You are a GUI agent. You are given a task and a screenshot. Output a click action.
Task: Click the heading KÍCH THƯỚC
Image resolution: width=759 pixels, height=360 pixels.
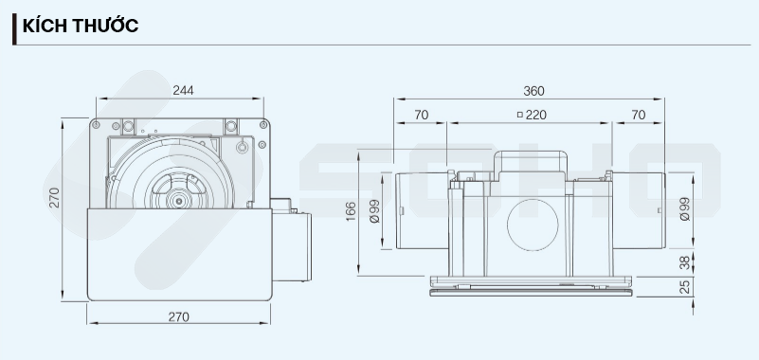coord(81,26)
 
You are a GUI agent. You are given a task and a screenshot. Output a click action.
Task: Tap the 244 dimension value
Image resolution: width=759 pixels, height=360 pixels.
coord(183,91)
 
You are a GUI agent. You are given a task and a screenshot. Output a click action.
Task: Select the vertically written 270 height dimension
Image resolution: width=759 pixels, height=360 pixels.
coord(54,197)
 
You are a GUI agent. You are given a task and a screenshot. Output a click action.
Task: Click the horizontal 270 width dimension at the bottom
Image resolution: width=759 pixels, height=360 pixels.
coord(179,317)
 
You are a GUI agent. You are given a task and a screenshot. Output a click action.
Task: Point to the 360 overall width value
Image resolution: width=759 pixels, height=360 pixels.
coord(533,91)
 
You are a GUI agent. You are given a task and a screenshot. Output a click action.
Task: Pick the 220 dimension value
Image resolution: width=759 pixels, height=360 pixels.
coord(536,115)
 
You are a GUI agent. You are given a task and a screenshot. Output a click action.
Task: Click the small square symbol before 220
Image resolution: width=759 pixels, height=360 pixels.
coord(520,115)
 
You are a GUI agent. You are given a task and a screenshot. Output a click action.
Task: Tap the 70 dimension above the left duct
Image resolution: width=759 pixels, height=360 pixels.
coord(421,115)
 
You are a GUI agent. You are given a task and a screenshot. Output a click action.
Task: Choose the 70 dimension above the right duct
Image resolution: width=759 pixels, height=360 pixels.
coord(639,115)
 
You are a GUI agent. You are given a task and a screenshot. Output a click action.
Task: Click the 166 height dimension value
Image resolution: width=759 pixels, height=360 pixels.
coord(351,211)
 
